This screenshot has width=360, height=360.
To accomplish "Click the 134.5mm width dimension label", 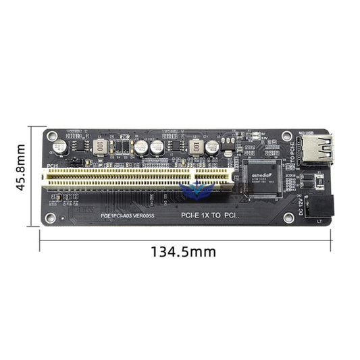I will point(184,251).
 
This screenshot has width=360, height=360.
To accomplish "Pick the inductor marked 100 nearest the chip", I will point(197,146).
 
